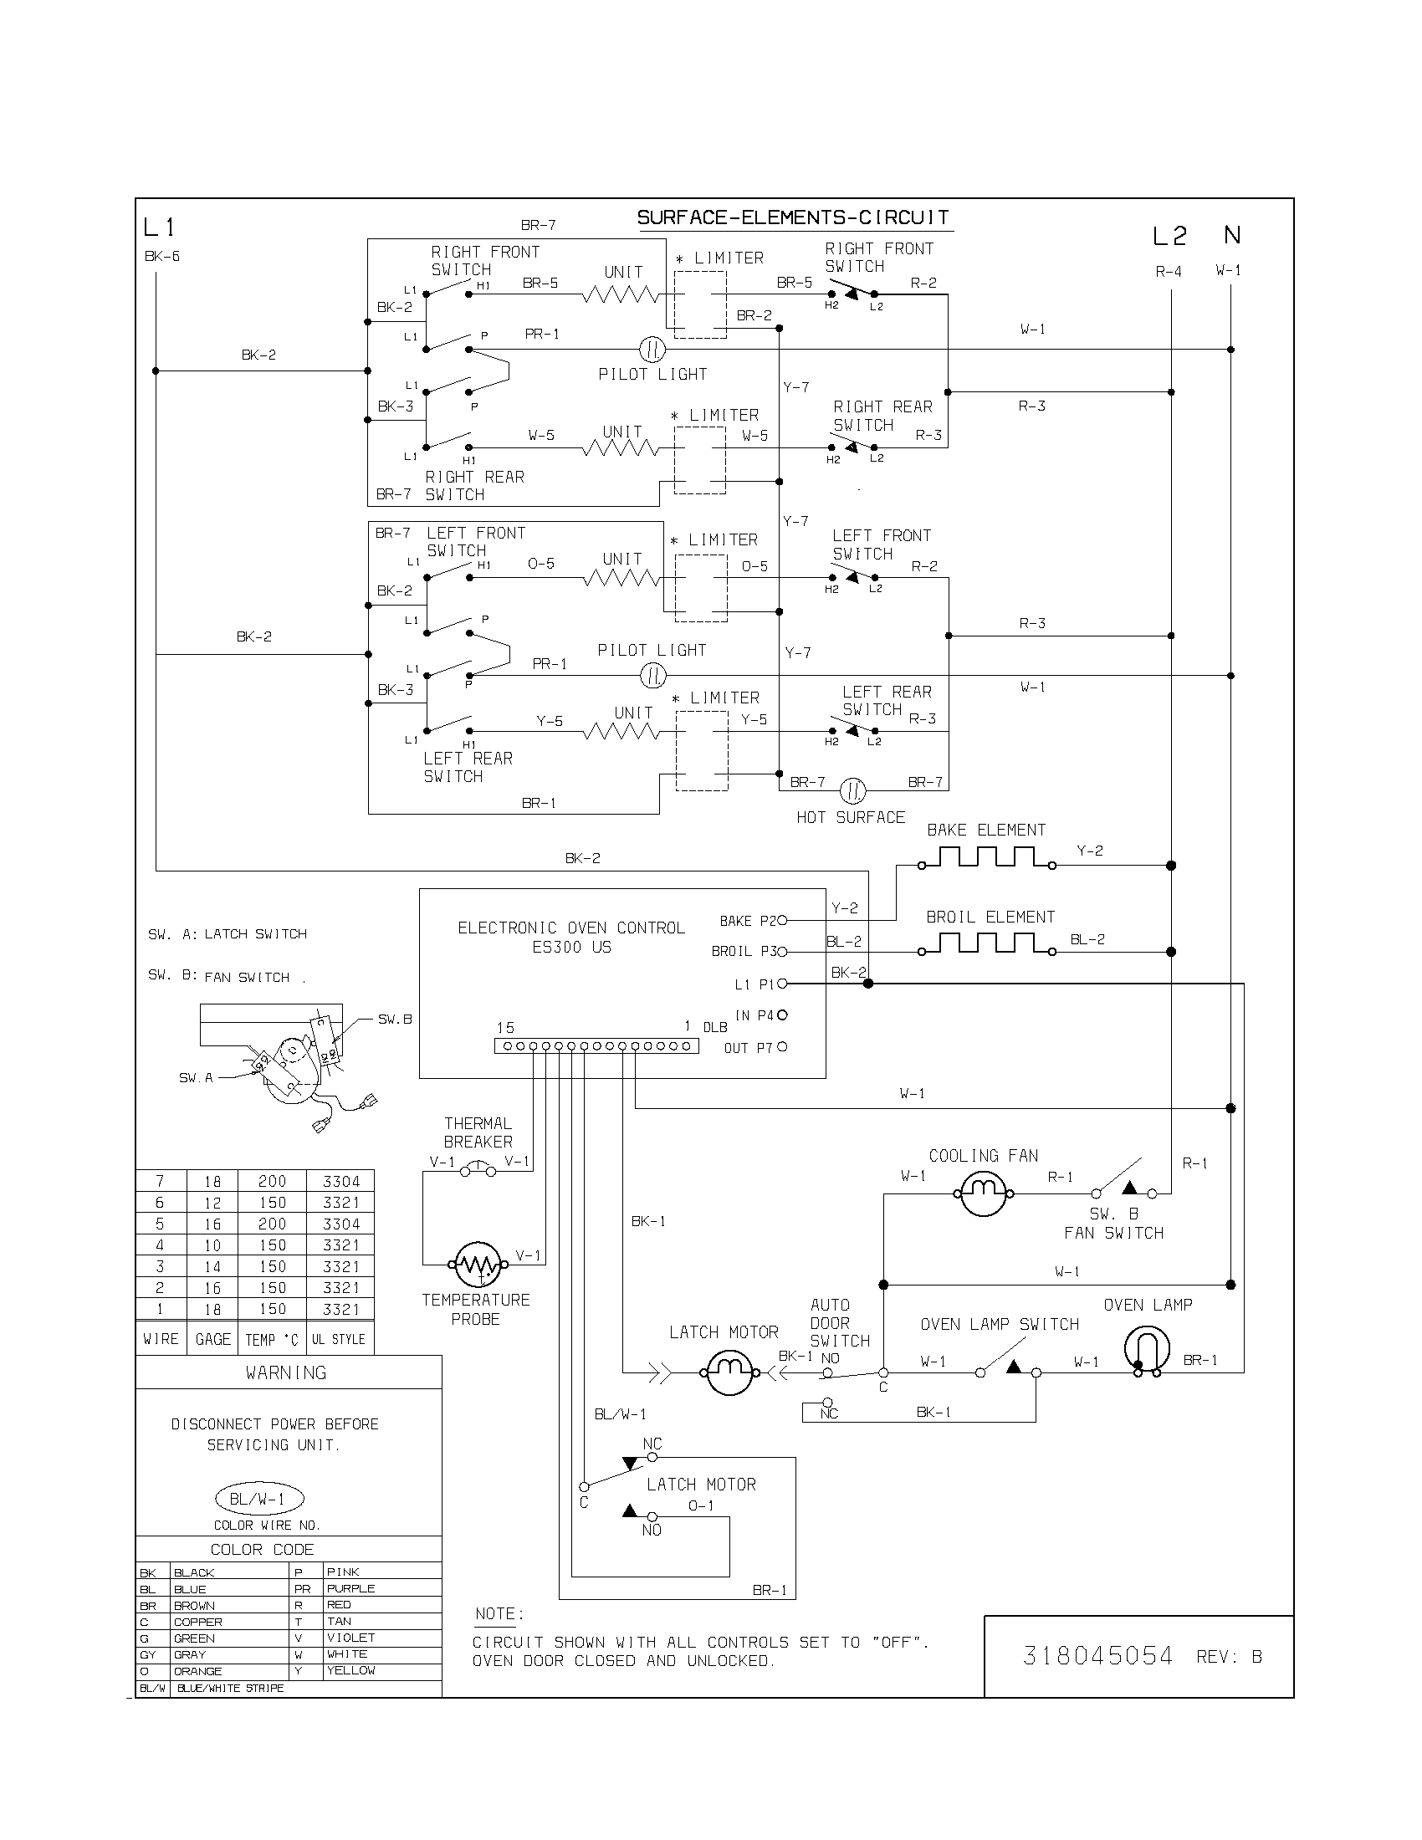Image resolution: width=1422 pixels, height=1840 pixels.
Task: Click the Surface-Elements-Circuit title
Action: (793, 217)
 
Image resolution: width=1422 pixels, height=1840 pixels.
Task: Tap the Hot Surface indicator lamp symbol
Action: (852, 790)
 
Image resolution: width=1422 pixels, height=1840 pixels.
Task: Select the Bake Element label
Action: (985, 830)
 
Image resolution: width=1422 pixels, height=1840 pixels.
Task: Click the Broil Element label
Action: (990, 917)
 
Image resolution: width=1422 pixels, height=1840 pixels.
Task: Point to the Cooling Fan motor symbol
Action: (984, 1193)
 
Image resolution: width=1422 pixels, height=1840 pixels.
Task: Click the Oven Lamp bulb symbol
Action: (1147, 1349)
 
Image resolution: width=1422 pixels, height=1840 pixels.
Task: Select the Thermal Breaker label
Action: (478, 1132)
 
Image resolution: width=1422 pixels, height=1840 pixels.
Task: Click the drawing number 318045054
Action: (1097, 1656)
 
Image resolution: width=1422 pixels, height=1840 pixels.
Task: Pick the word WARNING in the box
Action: (285, 1372)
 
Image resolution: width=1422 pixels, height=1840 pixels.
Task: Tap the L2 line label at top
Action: (1169, 237)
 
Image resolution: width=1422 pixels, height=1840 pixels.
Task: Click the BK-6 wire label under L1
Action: (161, 256)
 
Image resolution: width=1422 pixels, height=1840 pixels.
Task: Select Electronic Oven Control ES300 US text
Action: (571, 937)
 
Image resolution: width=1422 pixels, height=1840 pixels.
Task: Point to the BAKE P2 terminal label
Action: (747, 921)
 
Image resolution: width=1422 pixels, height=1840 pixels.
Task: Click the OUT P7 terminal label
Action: (748, 1048)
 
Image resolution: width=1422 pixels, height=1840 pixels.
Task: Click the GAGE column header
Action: (212, 1339)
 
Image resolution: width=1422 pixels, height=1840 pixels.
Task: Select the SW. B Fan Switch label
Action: (1113, 1224)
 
